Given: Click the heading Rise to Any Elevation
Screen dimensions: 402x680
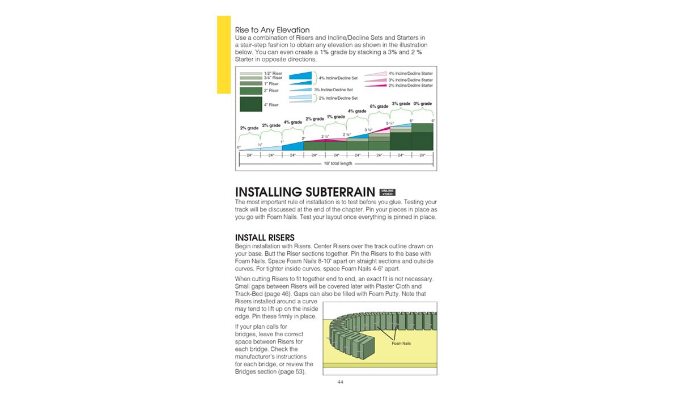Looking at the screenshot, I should click(x=272, y=30).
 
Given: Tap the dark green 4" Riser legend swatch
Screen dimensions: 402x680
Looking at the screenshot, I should click(x=250, y=104).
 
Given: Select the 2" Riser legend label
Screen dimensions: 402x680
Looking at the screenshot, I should click(x=271, y=91).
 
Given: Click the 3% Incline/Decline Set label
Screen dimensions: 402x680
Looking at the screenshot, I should click(x=333, y=90).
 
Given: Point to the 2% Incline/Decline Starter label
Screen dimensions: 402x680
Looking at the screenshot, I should click(x=410, y=86).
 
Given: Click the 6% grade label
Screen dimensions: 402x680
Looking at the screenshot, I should click(x=379, y=107).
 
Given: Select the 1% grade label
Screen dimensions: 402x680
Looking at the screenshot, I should click(x=336, y=117).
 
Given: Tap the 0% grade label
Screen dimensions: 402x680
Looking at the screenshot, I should click(x=423, y=104).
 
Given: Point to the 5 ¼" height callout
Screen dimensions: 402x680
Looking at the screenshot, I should click(x=390, y=123).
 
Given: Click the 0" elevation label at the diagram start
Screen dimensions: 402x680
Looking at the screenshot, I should click(x=239, y=147).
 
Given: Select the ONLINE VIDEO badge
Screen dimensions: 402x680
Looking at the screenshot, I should click(x=387, y=192).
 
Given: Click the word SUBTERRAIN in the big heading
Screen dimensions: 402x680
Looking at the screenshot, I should click(x=334, y=192).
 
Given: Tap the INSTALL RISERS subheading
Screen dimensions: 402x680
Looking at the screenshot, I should click(x=265, y=237).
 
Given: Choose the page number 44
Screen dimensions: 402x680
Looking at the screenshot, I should click(x=340, y=382).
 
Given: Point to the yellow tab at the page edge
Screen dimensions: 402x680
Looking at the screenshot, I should click(x=224, y=54).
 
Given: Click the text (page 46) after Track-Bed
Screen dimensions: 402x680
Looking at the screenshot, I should click(x=275, y=294).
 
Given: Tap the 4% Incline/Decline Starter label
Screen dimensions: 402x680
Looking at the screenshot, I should click(x=410, y=74).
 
